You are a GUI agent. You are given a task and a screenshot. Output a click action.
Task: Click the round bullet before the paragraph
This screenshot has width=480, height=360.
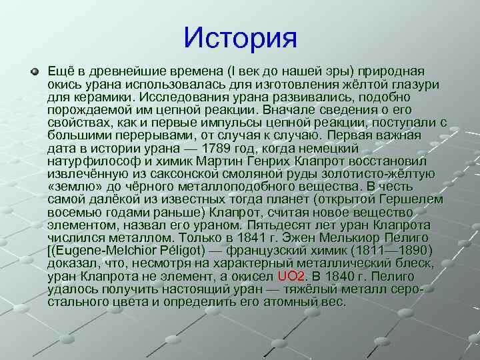click(x=35, y=71)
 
